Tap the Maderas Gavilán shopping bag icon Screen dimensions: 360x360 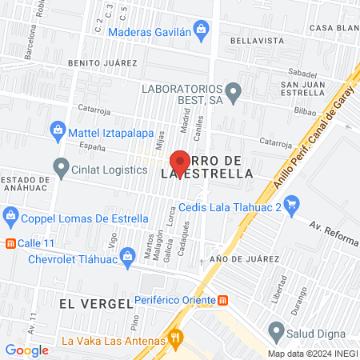tap(202, 32)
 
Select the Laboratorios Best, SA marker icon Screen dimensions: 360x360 tap(234, 94)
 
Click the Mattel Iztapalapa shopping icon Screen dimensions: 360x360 tap(58, 129)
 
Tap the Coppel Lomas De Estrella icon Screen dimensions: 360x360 tap(10, 215)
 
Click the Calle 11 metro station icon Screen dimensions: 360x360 tap(10, 243)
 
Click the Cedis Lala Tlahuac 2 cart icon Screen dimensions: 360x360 tap(292, 206)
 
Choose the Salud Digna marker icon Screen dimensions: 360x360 tap(277, 331)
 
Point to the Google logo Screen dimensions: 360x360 tap(26, 350)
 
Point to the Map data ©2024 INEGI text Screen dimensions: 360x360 tap(312, 354)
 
